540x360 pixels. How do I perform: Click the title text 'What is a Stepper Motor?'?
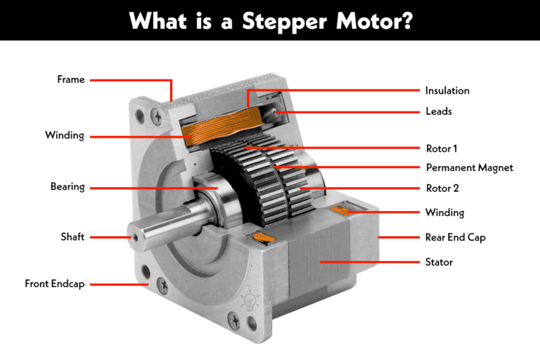(x=270, y=20)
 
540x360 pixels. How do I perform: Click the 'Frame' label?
(x=70, y=79)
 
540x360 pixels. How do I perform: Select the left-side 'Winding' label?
(x=64, y=135)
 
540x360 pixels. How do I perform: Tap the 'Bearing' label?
(x=67, y=187)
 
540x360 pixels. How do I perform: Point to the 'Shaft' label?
(x=72, y=237)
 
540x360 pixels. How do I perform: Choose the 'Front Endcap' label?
(x=54, y=284)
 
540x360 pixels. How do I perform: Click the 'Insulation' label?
(x=447, y=91)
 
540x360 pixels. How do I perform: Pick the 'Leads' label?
(x=438, y=111)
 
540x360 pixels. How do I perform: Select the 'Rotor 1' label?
(x=442, y=149)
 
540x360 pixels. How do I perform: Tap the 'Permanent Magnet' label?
(x=470, y=168)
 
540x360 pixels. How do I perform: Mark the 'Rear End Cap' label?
(x=455, y=238)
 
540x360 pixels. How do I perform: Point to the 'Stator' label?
(x=439, y=262)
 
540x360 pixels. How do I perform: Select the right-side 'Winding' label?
(x=444, y=212)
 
